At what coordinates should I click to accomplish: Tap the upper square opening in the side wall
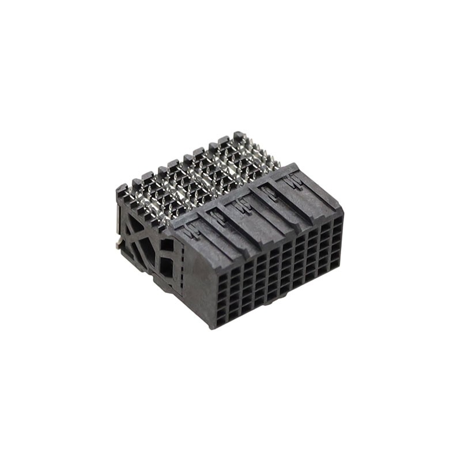(x=167, y=245)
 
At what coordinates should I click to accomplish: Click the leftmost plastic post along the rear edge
(x=122, y=190)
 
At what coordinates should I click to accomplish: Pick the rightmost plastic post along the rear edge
(x=239, y=137)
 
